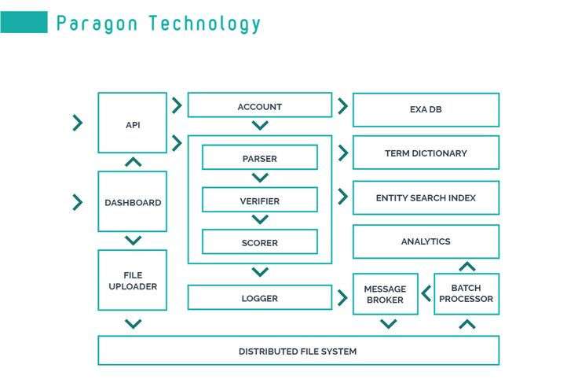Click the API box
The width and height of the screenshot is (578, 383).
click(x=132, y=123)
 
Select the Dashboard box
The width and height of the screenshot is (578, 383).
click(x=132, y=201)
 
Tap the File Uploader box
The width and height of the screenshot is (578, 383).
click(x=132, y=281)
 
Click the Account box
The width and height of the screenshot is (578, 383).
click(x=259, y=105)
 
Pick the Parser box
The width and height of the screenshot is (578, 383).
click(x=259, y=157)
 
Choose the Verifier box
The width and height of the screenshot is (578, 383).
click(x=259, y=200)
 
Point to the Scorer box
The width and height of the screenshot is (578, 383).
click(x=259, y=241)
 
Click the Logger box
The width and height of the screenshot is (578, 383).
click(x=259, y=297)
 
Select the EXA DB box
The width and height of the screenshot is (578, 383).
click(x=426, y=109)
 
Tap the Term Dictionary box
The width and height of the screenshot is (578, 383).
click(x=426, y=153)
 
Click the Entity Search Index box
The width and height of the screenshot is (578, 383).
click(x=426, y=197)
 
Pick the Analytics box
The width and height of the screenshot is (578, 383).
click(x=426, y=241)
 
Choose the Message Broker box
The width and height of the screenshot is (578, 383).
click(x=385, y=294)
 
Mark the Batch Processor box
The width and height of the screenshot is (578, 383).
click(x=466, y=293)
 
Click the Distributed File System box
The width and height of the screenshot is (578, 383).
click(x=298, y=351)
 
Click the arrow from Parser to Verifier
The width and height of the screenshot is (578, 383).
click(x=260, y=179)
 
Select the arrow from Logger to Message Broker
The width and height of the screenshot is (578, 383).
click(x=342, y=298)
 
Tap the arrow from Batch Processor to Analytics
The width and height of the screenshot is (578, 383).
click(x=466, y=267)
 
